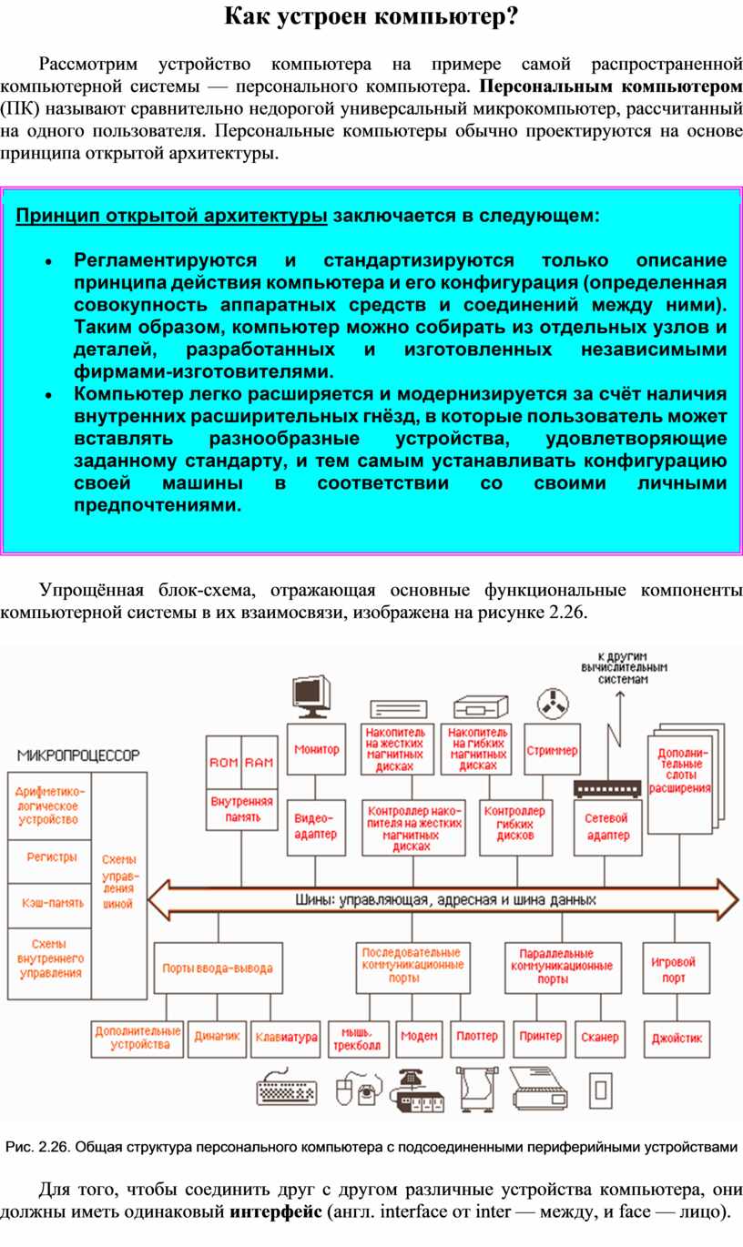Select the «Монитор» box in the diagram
click(x=316, y=749)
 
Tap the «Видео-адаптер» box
click(x=316, y=826)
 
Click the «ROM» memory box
click(x=224, y=762)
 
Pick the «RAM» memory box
click(x=260, y=762)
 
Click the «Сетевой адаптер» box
click(x=607, y=826)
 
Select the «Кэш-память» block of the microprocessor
click(x=53, y=903)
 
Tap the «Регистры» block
click(x=52, y=857)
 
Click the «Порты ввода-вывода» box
click(x=217, y=968)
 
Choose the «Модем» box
click(x=419, y=1036)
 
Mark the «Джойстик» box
click(x=677, y=1038)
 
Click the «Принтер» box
click(x=540, y=1036)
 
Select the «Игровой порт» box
click(x=674, y=969)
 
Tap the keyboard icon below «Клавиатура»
click(x=287, y=1090)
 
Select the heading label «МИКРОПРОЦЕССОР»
click(x=78, y=755)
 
